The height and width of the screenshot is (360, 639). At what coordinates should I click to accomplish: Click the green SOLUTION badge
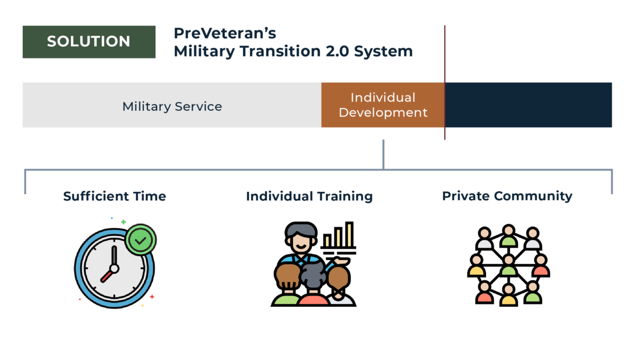[89, 42]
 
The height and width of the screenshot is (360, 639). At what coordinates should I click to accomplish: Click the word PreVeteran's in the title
[225, 33]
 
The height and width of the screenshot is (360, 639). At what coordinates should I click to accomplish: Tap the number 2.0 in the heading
[337, 51]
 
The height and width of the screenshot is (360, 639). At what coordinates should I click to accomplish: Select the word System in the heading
[383, 52]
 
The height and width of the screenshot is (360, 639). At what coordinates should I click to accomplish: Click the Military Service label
[172, 107]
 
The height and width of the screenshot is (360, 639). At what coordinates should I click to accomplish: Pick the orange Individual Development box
[383, 105]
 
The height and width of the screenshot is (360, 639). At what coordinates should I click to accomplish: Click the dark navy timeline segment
[528, 105]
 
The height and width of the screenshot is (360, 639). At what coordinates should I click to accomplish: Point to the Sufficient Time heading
[114, 197]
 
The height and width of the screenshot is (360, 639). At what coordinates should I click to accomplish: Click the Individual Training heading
[309, 197]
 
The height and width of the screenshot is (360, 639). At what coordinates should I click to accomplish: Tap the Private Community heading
[507, 197]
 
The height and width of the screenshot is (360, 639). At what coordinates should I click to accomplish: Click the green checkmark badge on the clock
[141, 240]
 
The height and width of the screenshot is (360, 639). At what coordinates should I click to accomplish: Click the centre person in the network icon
[509, 265]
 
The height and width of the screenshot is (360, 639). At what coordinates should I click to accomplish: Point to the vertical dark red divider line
[445, 83]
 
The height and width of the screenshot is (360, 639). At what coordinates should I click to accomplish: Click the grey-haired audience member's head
[313, 274]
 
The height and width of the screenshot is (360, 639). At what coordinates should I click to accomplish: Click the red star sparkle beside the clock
[152, 297]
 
